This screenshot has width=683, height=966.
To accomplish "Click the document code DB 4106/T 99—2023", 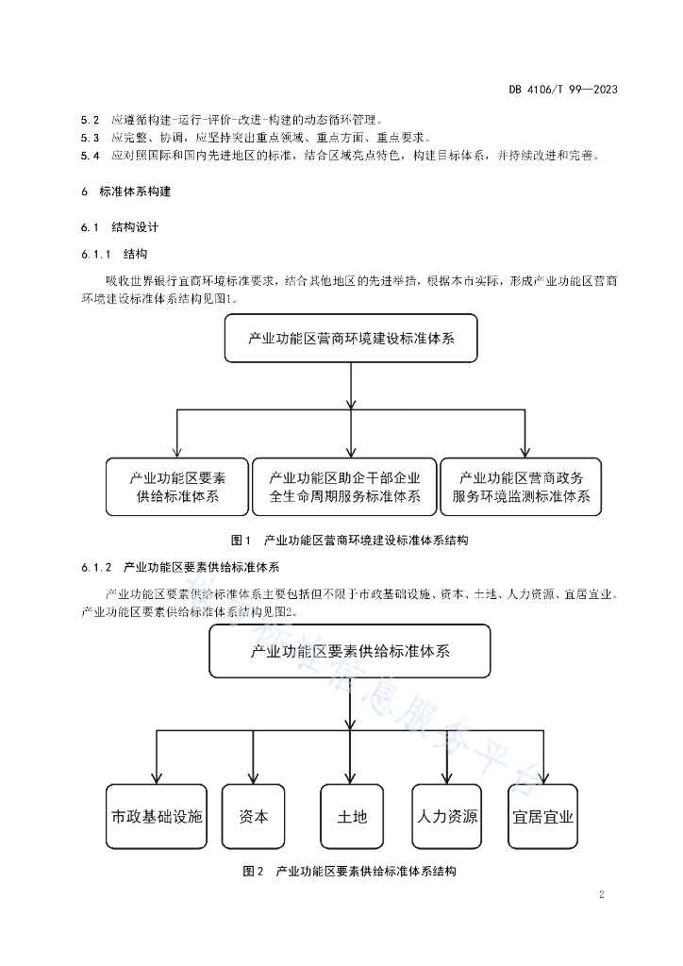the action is tap(563, 90).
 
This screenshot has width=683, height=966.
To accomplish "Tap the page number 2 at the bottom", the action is tap(602, 894).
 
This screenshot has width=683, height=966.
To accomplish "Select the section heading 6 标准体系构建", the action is tap(125, 192).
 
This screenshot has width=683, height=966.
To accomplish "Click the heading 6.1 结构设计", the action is tap(120, 227).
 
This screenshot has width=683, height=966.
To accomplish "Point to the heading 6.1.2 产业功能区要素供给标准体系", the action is tap(180, 567).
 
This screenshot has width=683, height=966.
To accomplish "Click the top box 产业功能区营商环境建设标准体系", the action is tap(351, 339).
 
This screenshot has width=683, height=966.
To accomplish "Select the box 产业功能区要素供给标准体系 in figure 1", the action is tap(177, 487).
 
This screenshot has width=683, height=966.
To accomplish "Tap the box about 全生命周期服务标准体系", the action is tap(345, 487).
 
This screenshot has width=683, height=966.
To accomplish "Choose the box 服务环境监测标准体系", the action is tap(521, 487).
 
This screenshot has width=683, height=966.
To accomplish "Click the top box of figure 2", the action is tap(350, 651).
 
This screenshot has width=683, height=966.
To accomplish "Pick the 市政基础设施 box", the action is tap(157, 816).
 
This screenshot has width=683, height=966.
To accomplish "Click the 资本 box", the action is tap(253, 816).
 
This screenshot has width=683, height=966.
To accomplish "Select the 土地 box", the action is tap(352, 816).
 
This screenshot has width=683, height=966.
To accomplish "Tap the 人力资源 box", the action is tap(447, 816).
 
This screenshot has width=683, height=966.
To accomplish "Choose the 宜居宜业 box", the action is tap(543, 816).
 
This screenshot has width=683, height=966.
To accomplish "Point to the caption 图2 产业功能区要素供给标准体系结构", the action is tap(349, 871).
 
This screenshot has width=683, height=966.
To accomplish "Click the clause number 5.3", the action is tap(90, 138).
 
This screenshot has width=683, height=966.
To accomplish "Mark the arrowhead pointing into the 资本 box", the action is tap(253, 778).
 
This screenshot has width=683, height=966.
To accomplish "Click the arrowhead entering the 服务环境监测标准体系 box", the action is tap(525, 452).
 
